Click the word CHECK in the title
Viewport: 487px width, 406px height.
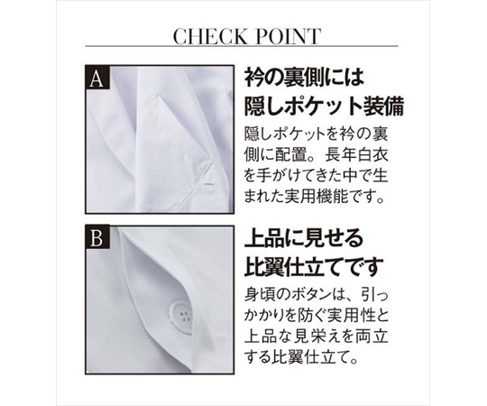(x=208, y=36)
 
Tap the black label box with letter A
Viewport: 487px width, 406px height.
(x=97, y=78)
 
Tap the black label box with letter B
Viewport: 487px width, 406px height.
(x=97, y=238)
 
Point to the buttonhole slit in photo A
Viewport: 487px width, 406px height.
(x=209, y=184)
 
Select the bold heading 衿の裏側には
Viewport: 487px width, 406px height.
(x=304, y=78)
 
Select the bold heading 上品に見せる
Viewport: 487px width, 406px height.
(x=304, y=238)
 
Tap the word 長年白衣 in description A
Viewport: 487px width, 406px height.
(x=357, y=154)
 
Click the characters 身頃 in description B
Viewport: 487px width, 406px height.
(x=260, y=295)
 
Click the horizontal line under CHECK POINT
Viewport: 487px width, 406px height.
(x=242, y=46)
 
